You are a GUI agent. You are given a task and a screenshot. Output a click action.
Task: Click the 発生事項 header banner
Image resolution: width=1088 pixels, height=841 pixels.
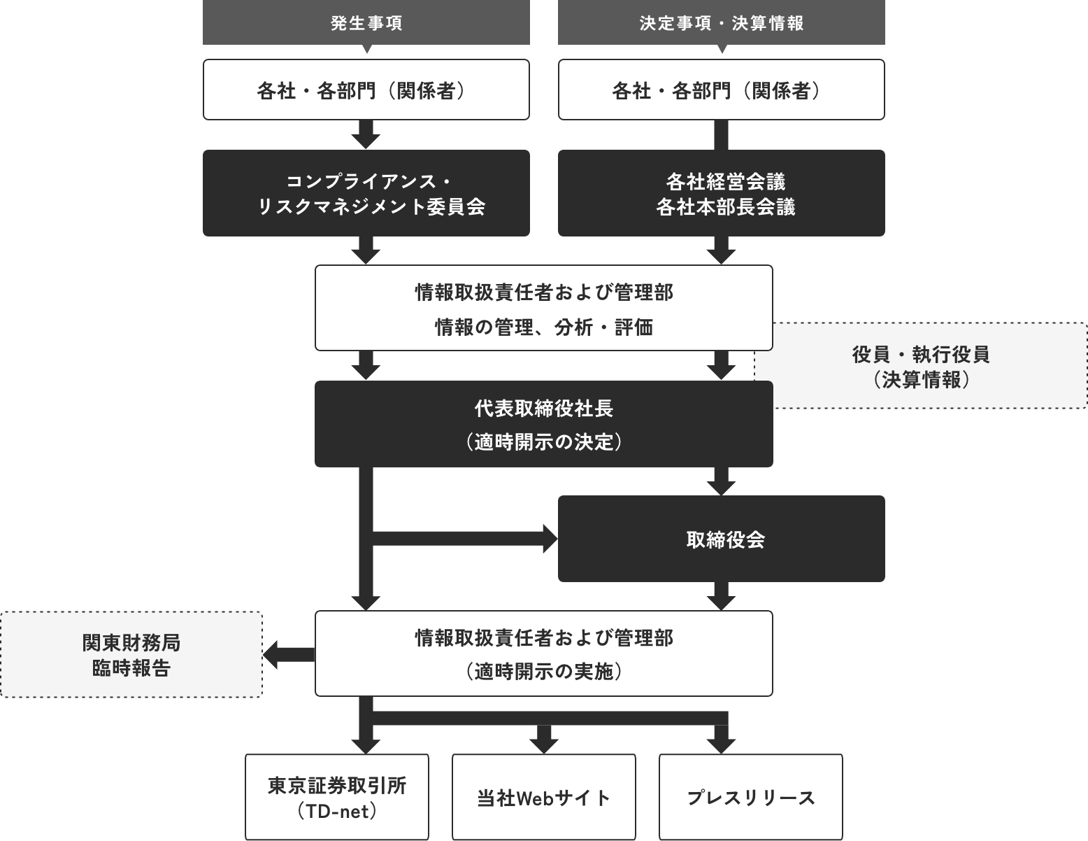click(x=366, y=22)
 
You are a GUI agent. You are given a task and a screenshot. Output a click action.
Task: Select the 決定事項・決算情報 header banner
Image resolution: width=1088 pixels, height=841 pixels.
click(x=722, y=22)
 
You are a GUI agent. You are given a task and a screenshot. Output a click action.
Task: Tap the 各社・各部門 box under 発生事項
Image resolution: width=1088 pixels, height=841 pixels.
click(x=366, y=90)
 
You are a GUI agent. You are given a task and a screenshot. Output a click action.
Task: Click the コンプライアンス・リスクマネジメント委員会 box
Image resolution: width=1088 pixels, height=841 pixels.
click(x=366, y=193)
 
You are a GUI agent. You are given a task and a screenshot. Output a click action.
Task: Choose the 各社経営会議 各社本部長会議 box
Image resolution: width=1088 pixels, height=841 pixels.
click(x=722, y=193)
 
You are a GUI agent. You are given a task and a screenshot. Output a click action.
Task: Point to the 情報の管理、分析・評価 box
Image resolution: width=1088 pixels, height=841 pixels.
click(x=544, y=308)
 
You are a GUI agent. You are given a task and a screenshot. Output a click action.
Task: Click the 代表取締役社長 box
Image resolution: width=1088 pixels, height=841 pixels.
click(x=544, y=424)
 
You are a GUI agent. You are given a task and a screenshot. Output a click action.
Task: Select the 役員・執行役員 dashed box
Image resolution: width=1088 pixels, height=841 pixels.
click(x=922, y=366)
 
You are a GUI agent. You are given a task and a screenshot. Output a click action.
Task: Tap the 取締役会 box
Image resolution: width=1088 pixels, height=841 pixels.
click(x=722, y=539)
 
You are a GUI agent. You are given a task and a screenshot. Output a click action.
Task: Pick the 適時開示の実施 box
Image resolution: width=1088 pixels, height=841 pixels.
click(x=544, y=653)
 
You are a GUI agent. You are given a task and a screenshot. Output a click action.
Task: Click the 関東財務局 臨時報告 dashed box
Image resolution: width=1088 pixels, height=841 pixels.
click(x=131, y=654)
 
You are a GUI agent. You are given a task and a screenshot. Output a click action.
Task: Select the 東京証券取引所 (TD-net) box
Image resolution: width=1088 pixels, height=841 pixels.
click(x=337, y=798)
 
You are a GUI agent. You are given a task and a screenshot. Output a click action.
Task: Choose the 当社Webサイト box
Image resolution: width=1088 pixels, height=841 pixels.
click(x=544, y=798)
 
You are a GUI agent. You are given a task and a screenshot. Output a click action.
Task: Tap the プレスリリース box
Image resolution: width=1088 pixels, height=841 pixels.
click(x=750, y=798)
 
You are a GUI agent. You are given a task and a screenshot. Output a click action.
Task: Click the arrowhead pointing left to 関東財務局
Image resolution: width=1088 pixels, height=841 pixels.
click(x=271, y=655)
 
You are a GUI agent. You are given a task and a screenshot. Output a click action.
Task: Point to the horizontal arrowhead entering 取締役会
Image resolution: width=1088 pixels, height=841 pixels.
click(x=551, y=539)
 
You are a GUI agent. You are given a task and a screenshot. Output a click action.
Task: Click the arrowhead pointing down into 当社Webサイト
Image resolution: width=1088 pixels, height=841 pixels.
click(x=544, y=747)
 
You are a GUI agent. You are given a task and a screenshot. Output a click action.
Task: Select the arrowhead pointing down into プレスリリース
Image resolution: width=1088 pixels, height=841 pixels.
click(x=721, y=747)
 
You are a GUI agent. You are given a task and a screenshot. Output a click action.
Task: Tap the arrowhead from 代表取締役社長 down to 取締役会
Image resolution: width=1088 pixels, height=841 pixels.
click(x=721, y=488)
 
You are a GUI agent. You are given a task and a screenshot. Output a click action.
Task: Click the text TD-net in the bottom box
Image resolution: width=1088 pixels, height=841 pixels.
click(x=340, y=812)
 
